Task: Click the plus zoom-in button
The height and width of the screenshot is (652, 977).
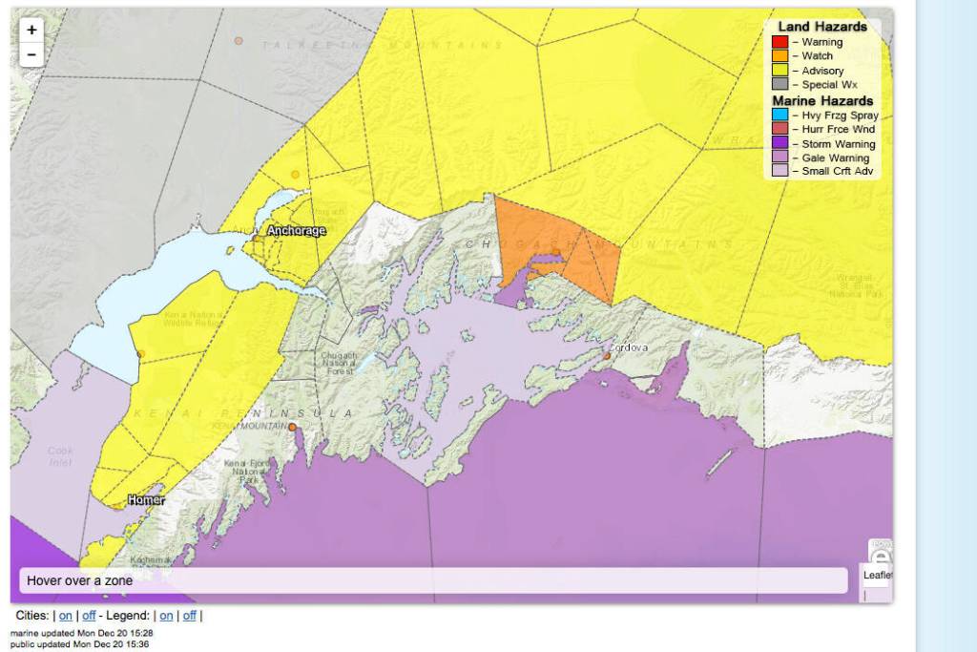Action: [x=31, y=31]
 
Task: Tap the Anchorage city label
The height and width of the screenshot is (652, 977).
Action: [x=296, y=231]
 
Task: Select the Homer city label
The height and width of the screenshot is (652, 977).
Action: [x=146, y=500]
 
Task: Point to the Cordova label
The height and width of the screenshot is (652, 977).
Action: [x=630, y=347]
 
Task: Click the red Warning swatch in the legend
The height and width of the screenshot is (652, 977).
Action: [x=780, y=42]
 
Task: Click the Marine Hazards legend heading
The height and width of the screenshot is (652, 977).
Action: [x=821, y=100]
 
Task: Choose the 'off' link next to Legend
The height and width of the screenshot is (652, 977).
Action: [x=190, y=616]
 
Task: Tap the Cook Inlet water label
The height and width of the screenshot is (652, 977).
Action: [x=60, y=455]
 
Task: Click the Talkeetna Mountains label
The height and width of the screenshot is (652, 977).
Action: [x=382, y=45]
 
